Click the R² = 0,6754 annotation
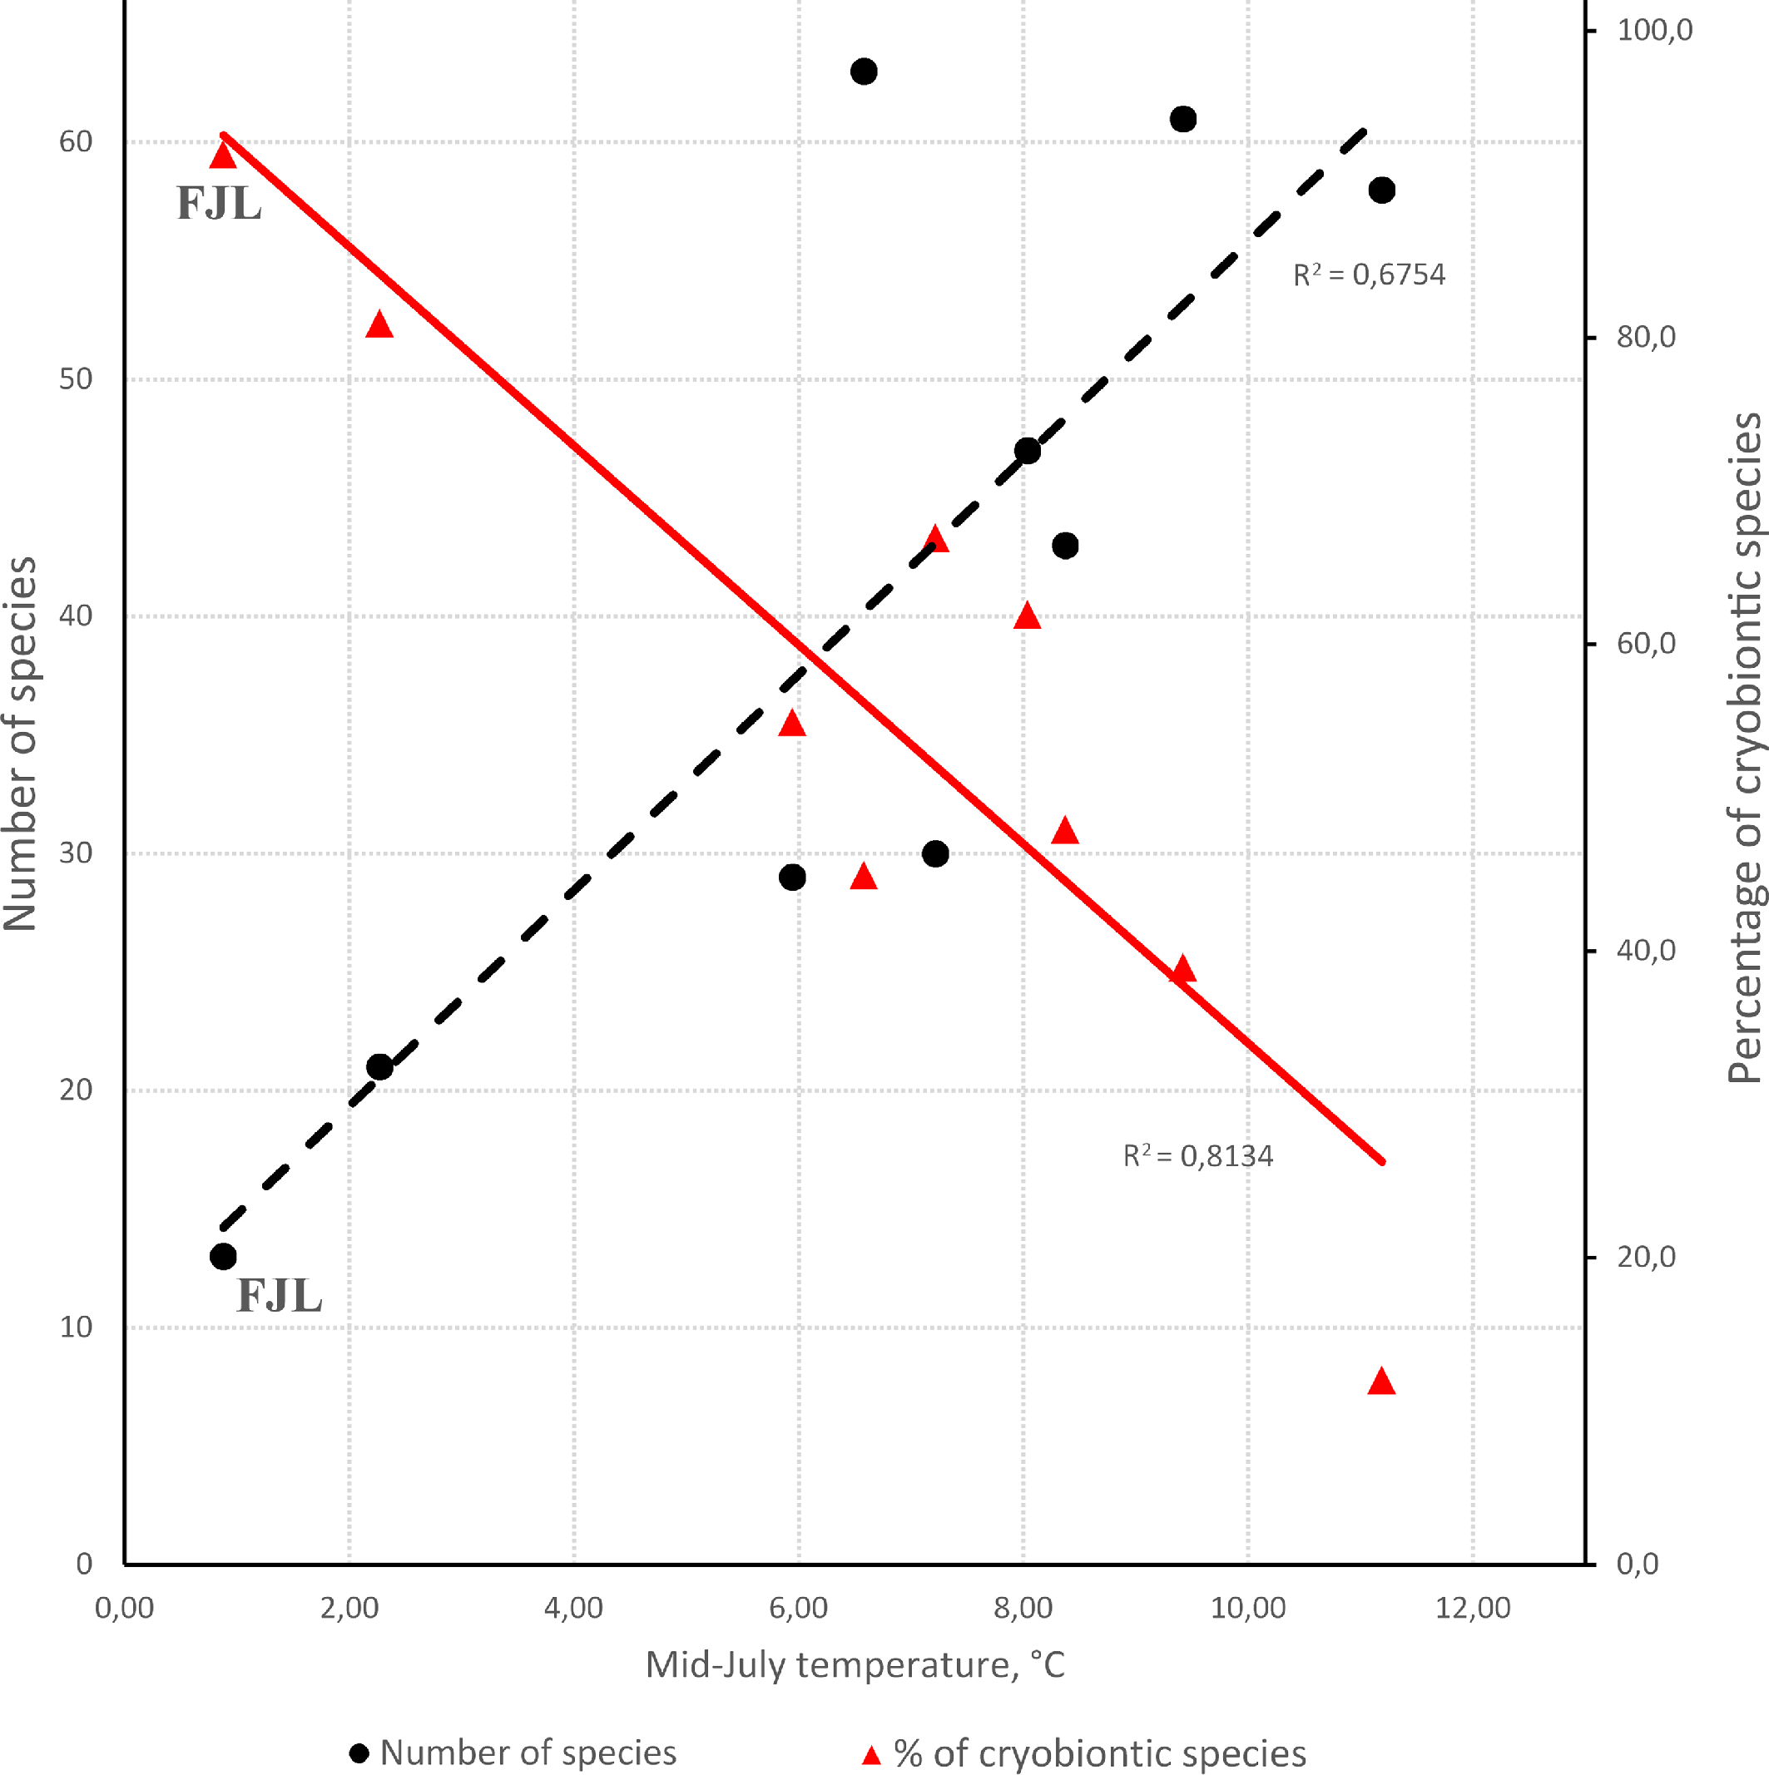[x=1368, y=274]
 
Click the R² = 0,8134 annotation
[x=1197, y=1156]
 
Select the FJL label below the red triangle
[x=219, y=204]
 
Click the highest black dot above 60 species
[x=863, y=72]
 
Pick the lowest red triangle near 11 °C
[x=1381, y=1382]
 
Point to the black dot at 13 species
[x=223, y=1257]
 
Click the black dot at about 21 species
[x=379, y=1066]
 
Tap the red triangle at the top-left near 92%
[x=223, y=156]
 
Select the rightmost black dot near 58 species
[x=1381, y=190]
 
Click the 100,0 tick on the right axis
[x=1654, y=30]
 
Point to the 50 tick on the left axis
[x=77, y=379]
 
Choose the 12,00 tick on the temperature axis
[x=1472, y=1608]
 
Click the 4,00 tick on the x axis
[x=573, y=1608]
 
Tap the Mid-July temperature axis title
[x=855, y=1664]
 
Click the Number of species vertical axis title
[x=20, y=744]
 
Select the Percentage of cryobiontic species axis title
[x=1744, y=748]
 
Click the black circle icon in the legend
[x=359, y=1753]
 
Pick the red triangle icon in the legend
[x=871, y=1756]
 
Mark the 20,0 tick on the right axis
[x=1646, y=1257]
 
